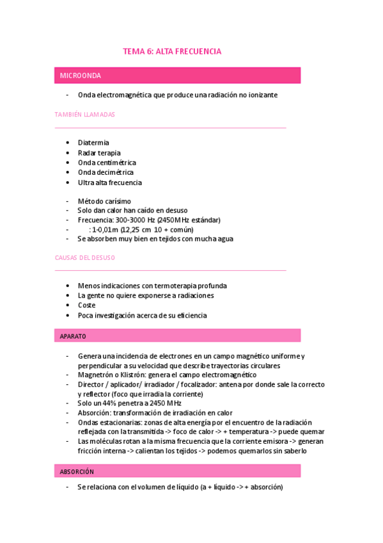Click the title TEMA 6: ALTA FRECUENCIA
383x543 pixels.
click(x=172, y=52)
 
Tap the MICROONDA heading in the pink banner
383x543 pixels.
click(x=81, y=76)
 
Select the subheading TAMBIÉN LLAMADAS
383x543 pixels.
click(x=85, y=115)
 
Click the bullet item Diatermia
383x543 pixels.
click(x=93, y=143)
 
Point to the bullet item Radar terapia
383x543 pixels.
click(x=99, y=153)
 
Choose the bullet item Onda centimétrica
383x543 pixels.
click(x=107, y=163)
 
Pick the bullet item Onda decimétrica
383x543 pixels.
click(x=106, y=172)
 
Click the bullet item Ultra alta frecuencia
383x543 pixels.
click(x=109, y=182)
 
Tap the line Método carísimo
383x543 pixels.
click(x=104, y=201)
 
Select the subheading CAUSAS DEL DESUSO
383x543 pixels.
click(x=85, y=257)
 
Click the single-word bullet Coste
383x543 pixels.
click(x=86, y=305)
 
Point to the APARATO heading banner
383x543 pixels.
click(x=73, y=336)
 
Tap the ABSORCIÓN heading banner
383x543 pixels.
click(x=77, y=471)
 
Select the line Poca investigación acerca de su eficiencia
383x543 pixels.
click(x=142, y=315)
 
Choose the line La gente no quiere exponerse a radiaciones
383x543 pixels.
click(x=146, y=296)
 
